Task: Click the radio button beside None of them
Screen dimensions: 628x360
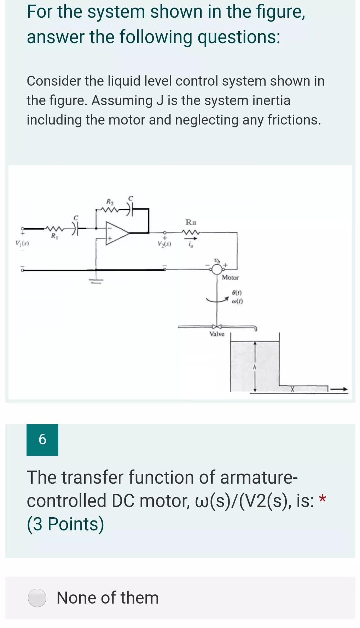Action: coord(37,598)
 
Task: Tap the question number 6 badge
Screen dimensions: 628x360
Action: coord(42,439)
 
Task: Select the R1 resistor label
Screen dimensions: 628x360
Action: coord(54,236)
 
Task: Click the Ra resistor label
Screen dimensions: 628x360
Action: coord(191,222)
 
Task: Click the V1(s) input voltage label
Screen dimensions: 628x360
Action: coord(22,243)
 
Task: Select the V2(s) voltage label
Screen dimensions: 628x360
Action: coord(164,244)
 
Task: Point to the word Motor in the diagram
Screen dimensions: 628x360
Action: coord(230,278)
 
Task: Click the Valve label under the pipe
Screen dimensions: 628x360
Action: coord(217,334)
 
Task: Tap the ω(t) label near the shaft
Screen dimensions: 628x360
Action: coord(237,301)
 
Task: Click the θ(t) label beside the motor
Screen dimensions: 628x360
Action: coord(237,293)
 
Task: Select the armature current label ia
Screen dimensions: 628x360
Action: coord(191,244)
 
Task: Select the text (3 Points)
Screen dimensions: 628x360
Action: coord(65,524)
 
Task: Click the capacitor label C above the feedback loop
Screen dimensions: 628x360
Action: coord(130,197)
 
